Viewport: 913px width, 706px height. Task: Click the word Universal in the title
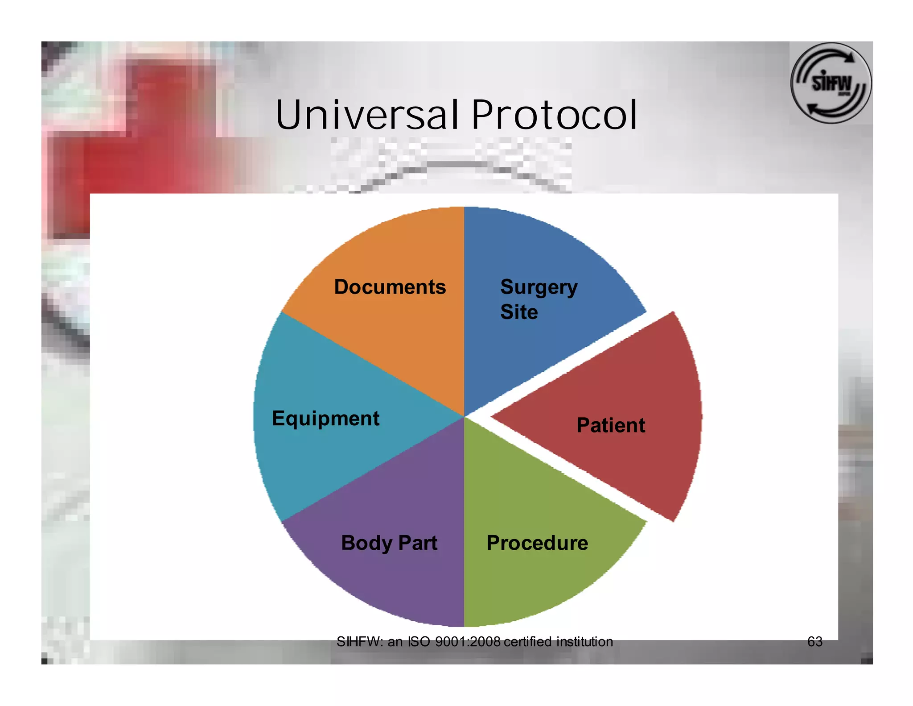366,115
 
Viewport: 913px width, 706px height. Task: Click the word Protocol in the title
554,115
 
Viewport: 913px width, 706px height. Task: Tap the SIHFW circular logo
831,83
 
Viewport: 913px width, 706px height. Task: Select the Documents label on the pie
390,287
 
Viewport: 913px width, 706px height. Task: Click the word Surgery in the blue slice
539,287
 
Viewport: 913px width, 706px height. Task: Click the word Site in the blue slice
518,312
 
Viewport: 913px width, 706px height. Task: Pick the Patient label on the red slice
610,425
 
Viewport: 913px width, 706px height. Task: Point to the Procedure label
537,543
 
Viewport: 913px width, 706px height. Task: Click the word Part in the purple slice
418,543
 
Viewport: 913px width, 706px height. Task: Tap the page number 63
814,642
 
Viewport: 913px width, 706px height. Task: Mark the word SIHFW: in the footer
359,642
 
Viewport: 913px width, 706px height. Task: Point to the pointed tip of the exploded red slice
492,417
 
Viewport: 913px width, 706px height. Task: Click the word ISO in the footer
419,642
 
